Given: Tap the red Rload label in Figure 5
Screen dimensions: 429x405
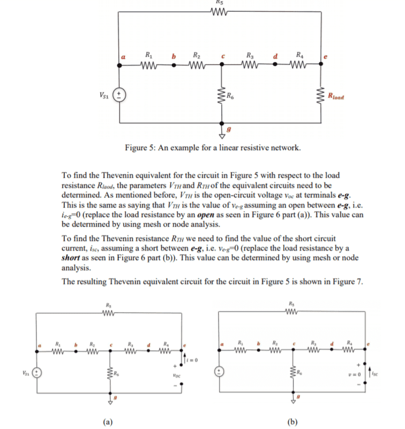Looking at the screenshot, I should [335, 98].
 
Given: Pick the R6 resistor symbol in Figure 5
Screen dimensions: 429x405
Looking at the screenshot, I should [221, 97].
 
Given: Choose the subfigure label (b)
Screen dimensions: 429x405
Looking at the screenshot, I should [292, 420].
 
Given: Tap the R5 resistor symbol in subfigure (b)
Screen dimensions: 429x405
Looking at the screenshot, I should [292, 314].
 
